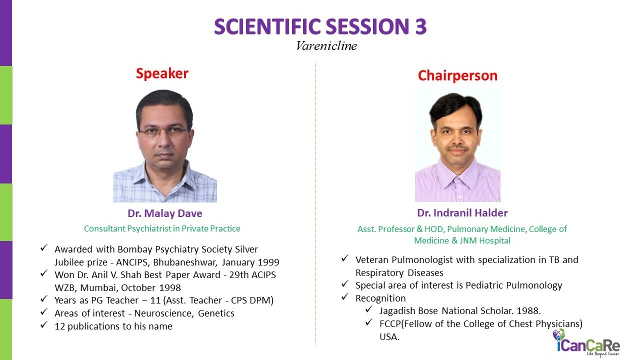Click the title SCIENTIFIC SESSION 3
click(320, 26)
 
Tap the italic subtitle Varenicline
click(326, 46)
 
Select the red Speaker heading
click(162, 73)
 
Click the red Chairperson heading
click(457, 75)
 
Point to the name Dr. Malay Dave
click(165, 213)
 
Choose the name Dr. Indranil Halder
click(462, 213)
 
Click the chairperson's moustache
click(457, 148)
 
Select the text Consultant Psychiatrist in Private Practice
click(162, 228)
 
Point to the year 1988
click(529, 310)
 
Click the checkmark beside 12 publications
click(44, 326)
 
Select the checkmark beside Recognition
click(345, 297)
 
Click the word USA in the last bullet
click(389, 336)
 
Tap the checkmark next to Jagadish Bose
click(369, 310)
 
